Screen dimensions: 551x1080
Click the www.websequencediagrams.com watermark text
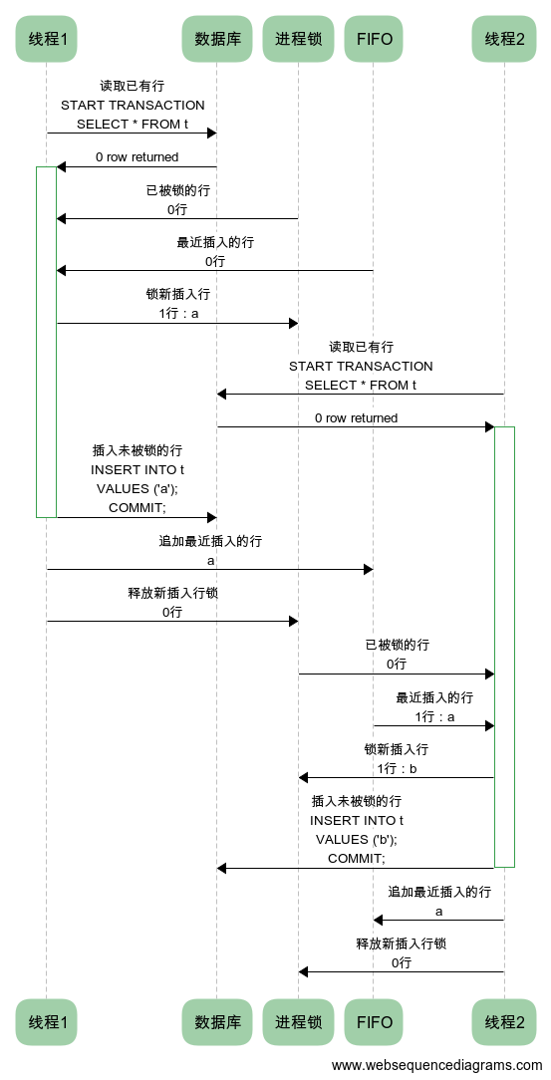(x=436, y=1065)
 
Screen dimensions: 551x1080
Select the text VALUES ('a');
(x=138, y=489)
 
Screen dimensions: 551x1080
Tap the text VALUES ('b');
(x=357, y=840)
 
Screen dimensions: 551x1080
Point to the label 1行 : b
(x=397, y=769)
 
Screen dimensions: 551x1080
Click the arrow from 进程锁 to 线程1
(x=177, y=219)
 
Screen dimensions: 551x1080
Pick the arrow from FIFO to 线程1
(x=215, y=271)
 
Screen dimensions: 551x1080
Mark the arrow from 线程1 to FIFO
(x=209, y=570)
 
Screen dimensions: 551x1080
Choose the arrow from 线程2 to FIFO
(x=438, y=921)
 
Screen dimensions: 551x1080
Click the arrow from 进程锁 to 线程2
(x=396, y=675)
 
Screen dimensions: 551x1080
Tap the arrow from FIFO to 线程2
(x=433, y=726)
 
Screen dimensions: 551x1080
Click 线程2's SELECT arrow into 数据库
(x=361, y=394)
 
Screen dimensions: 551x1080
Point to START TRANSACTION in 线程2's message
(x=361, y=366)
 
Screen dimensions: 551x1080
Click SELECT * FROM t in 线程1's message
(x=133, y=124)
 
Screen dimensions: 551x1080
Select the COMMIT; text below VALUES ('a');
(x=138, y=508)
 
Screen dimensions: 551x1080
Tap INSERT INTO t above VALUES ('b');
(x=357, y=820)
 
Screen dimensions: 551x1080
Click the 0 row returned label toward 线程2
(x=356, y=418)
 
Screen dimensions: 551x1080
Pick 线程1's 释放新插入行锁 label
(x=173, y=593)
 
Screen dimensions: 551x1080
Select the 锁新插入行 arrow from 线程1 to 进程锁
(x=177, y=323)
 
